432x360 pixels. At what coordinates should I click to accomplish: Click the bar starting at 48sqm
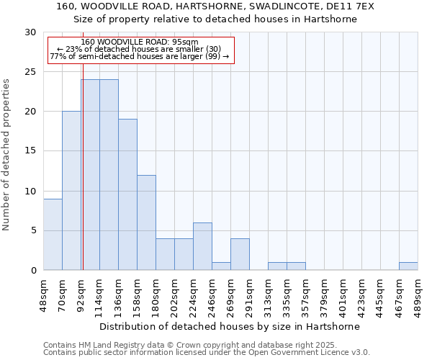point(53,234)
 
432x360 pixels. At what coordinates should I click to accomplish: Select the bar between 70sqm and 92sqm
point(71,191)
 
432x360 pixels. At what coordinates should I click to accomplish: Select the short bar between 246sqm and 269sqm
point(221,266)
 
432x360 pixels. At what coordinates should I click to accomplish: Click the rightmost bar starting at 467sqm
point(408,266)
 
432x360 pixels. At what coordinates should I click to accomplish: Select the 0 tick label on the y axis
point(33,270)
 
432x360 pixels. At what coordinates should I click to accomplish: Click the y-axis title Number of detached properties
point(7,155)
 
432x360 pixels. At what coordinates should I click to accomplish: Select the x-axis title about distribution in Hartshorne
point(230,326)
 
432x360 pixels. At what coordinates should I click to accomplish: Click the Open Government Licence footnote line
point(207,352)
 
